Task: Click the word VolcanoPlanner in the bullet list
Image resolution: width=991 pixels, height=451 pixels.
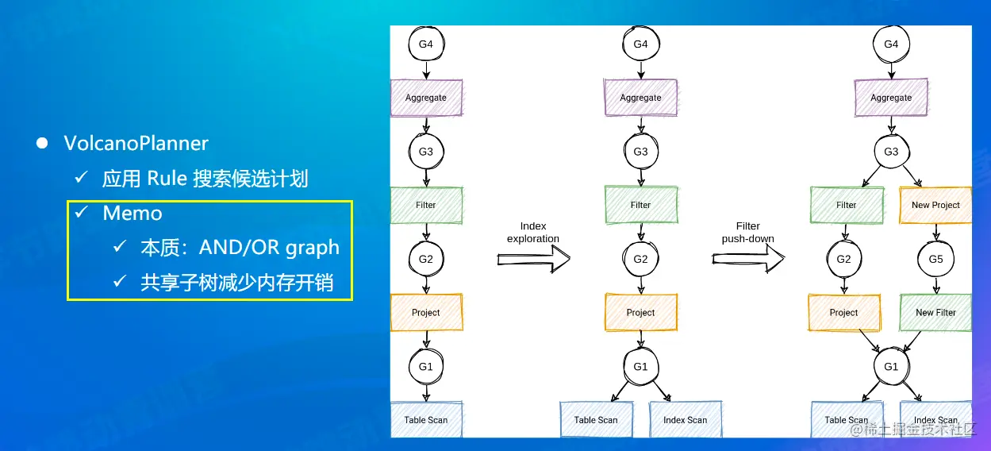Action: tap(136, 144)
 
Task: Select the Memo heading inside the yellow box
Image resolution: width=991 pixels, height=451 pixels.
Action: tap(132, 213)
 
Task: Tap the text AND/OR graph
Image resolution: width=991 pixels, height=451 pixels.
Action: tap(269, 248)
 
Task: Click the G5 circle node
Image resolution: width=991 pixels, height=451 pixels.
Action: tap(935, 259)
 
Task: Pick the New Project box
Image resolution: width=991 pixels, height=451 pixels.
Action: tap(935, 205)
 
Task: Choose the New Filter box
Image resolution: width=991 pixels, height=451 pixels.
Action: tap(935, 312)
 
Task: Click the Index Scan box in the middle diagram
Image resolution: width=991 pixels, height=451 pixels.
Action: tap(685, 419)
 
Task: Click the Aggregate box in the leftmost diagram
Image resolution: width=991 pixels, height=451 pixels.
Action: tap(426, 98)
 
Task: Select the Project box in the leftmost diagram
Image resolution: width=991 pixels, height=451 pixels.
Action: tap(426, 312)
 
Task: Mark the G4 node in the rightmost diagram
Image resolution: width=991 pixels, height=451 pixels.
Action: tap(891, 44)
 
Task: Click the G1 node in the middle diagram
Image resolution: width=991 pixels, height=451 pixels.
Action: tap(640, 367)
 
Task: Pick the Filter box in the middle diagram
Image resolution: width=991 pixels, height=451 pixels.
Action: tap(640, 205)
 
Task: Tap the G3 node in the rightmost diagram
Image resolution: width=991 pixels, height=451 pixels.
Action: tap(891, 152)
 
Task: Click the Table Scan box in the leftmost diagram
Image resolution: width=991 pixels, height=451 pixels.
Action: tap(426, 419)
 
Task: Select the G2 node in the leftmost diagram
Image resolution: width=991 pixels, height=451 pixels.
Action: tap(426, 259)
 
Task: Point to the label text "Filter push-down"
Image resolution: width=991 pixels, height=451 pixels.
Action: tap(748, 233)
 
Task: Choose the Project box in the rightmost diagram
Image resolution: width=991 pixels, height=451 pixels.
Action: tap(844, 312)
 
